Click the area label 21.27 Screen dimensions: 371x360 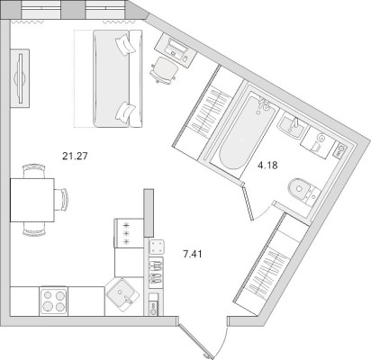[x=75, y=156]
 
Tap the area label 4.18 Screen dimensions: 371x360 [x=267, y=166]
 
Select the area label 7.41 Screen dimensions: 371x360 [x=193, y=255]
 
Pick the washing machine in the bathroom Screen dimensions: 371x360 [x=318, y=142]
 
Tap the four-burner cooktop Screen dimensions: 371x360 [x=53, y=301]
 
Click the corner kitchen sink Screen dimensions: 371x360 [x=123, y=294]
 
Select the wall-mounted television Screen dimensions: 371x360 [x=20, y=78]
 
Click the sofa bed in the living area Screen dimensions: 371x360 [x=117, y=78]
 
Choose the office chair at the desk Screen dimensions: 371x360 [x=164, y=71]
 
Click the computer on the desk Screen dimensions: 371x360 [x=176, y=49]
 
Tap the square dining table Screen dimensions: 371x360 [x=32, y=200]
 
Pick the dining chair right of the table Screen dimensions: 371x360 [x=61, y=200]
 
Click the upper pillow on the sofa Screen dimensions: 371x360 [x=124, y=44]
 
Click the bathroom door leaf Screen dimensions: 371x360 [x=249, y=203]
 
